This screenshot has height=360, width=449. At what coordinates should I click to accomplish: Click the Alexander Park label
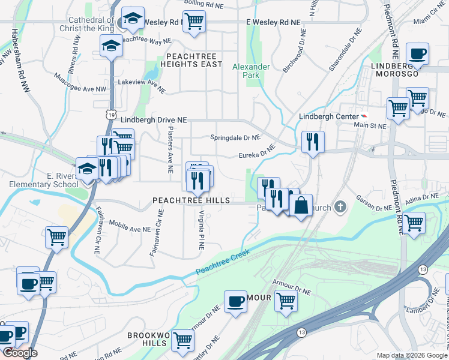pyautogui.click(x=251, y=71)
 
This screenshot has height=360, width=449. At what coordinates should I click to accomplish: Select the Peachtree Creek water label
pyautogui.click(x=222, y=264)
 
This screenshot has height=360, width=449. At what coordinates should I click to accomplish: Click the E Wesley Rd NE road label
pyautogui.click(x=273, y=22)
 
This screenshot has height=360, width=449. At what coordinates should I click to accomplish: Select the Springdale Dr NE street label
pyautogui.click(x=235, y=137)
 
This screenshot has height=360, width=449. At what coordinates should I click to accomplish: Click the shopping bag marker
pyautogui.click(x=301, y=205)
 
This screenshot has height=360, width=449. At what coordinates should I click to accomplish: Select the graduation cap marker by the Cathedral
pyautogui.click(x=133, y=19)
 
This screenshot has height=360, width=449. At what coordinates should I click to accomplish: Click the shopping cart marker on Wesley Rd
pyautogui.click(x=194, y=22)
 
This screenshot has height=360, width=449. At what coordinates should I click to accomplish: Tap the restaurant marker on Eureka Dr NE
pyautogui.click(x=313, y=142)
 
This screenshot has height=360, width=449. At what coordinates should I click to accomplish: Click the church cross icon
pyautogui.click(x=340, y=208)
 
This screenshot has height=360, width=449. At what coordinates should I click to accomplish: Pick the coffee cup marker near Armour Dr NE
pyautogui.click(x=235, y=301)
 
